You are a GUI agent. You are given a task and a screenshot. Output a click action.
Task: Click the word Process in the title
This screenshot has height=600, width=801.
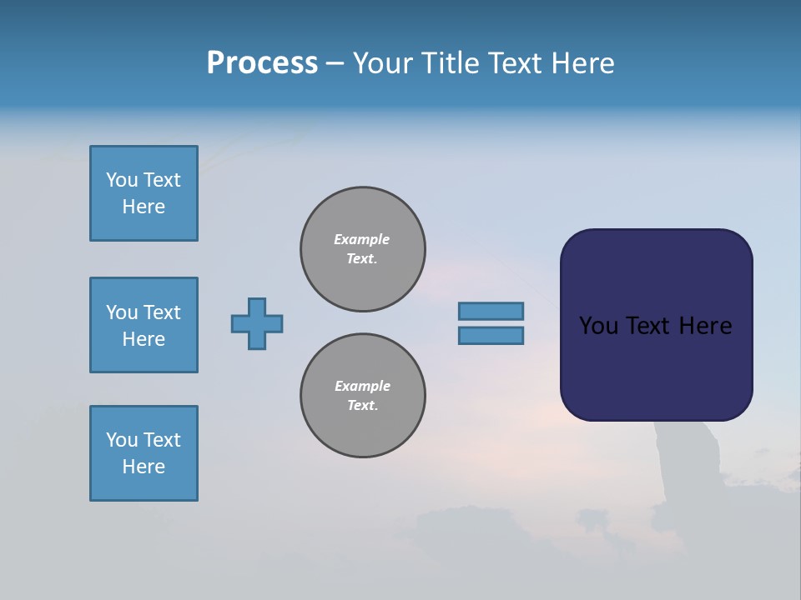coord(262,63)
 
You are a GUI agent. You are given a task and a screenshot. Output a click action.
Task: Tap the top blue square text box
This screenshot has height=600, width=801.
coord(144,193)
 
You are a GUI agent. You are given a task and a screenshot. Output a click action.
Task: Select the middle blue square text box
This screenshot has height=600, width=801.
coord(144,325)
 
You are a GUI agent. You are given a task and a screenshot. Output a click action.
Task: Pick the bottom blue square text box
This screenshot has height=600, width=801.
coord(144,453)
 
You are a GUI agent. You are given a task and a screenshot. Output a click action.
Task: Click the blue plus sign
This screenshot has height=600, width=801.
coord(257,323)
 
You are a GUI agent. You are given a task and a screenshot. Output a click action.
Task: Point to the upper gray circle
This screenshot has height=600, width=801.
coord(363,249)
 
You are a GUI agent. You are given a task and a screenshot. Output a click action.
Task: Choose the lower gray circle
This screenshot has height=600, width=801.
coord(363,396)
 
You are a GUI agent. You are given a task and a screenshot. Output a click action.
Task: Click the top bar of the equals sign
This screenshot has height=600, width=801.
coord(491,311)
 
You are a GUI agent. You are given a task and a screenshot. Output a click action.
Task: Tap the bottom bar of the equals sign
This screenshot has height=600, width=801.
coord(491,336)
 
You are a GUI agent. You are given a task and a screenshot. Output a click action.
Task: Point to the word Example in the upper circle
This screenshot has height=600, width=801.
coord(361,239)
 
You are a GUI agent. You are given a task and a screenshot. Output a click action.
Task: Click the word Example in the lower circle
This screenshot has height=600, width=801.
coord(362,386)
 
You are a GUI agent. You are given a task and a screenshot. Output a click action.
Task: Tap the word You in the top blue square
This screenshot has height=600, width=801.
coord(122,180)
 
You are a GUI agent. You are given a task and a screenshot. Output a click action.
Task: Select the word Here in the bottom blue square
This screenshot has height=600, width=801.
coord(144,467)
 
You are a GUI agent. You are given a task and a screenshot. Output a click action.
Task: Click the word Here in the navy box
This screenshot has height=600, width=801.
coord(705,326)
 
